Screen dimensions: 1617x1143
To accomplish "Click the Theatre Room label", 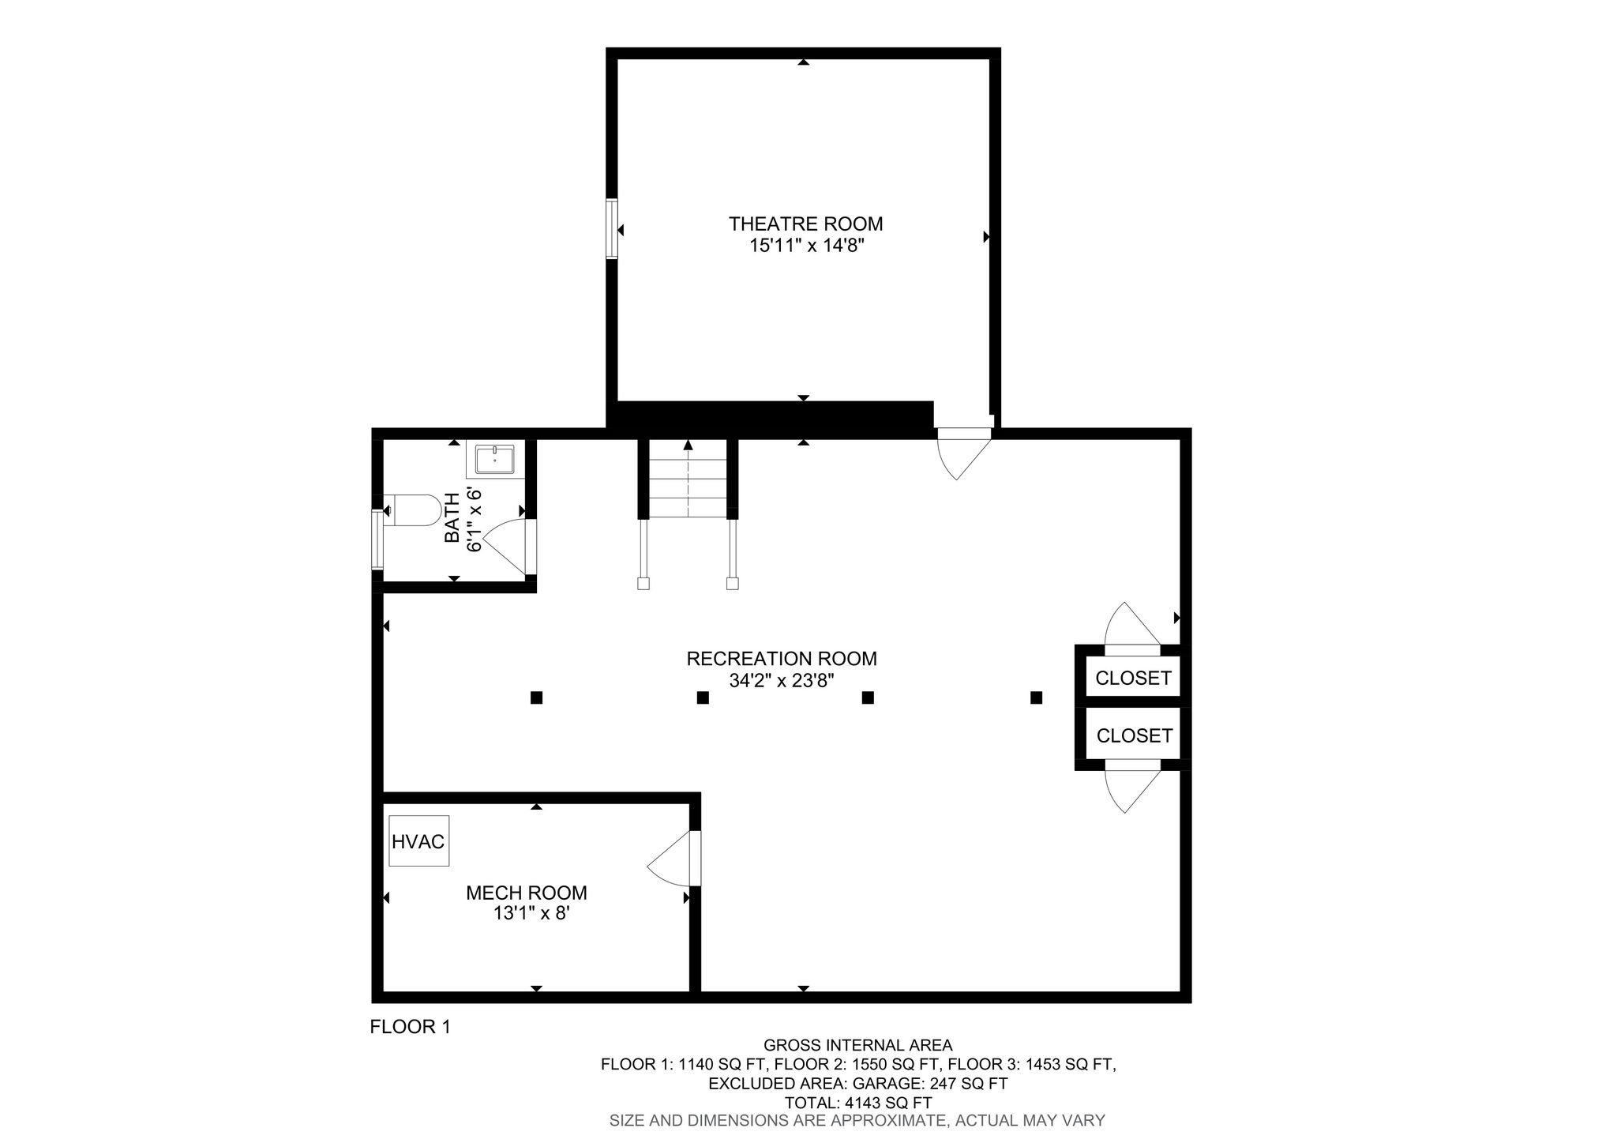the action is [x=805, y=224].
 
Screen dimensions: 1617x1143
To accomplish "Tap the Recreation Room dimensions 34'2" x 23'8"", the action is [x=782, y=680].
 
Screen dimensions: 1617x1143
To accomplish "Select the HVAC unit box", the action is [x=418, y=841].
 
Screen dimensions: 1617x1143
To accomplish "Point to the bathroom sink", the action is [x=494, y=460].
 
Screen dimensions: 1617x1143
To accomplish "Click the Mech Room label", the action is [x=527, y=893].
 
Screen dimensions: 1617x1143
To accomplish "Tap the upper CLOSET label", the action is [x=1133, y=678].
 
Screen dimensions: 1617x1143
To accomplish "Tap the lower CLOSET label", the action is [x=1135, y=735].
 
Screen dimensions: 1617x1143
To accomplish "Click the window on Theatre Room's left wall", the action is [x=612, y=228].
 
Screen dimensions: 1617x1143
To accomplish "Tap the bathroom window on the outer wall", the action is [x=377, y=540].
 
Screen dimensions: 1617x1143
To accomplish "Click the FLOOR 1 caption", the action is [x=410, y=1027].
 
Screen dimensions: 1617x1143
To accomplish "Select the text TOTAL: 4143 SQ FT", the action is [x=858, y=1103].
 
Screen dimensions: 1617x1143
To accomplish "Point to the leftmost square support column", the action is [x=536, y=697].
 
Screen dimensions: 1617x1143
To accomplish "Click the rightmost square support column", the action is [x=1037, y=697].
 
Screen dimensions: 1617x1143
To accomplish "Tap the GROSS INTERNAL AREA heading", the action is [x=858, y=1046].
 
